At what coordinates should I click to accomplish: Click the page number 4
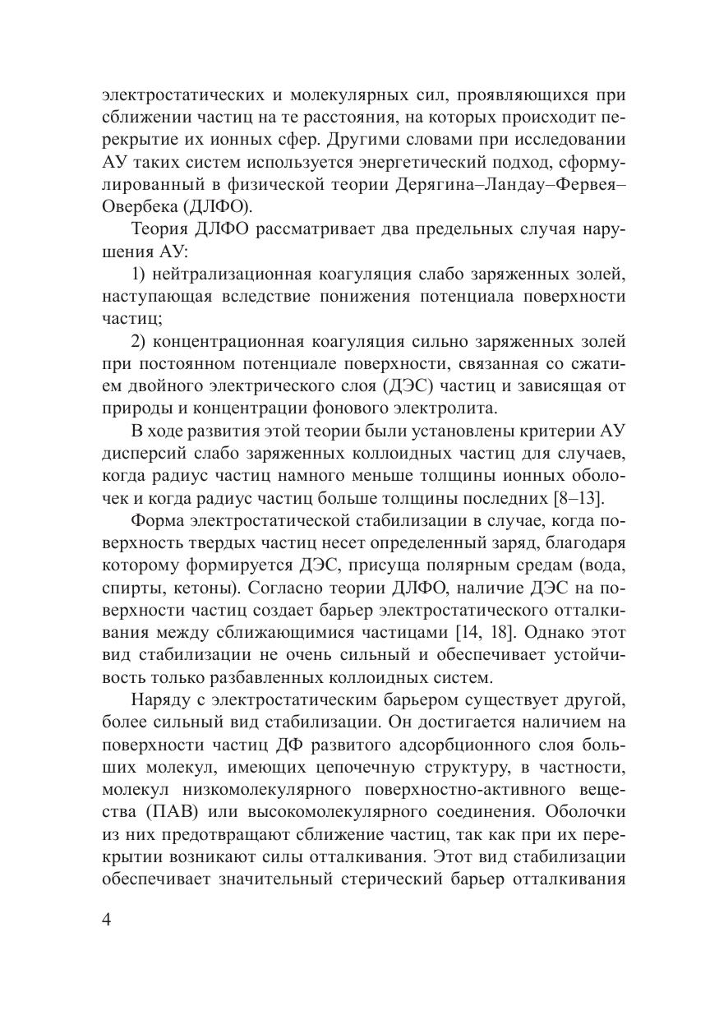tap(106, 919)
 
